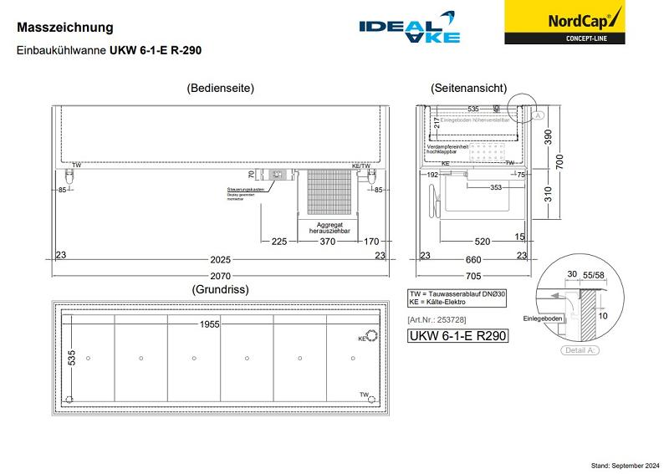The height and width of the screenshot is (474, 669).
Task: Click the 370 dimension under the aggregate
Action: (x=327, y=242)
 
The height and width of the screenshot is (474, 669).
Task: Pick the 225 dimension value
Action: (x=279, y=242)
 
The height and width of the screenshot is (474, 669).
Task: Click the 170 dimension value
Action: (x=371, y=242)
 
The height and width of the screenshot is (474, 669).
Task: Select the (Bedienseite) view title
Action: (x=221, y=88)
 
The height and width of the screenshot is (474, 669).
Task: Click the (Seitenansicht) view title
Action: (x=468, y=88)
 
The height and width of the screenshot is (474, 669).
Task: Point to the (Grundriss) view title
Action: (x=220, y=289)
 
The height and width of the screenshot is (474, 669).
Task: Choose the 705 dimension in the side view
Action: (x=473, y=276)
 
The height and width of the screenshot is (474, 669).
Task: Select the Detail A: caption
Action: (x=580, y=349)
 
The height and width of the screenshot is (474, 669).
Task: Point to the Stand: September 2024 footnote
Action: (x=626, y=464)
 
